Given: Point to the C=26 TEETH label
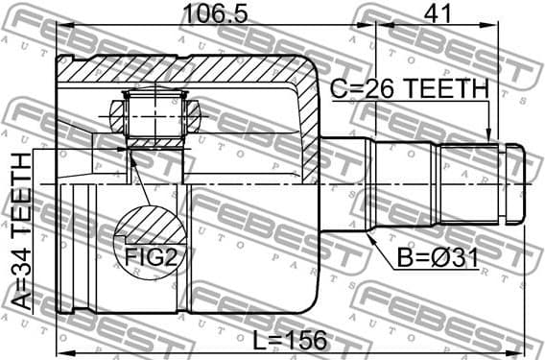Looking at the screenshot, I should coord(410,88).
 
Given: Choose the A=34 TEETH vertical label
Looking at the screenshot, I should coord(22,230).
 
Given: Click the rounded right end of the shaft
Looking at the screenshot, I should coord(517,182).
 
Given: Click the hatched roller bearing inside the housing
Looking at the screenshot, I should coord(155,116).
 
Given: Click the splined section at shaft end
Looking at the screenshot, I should coord(470,182).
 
